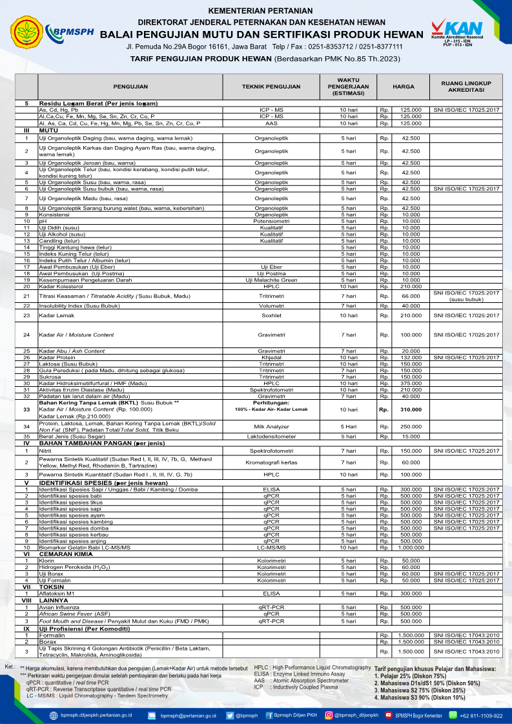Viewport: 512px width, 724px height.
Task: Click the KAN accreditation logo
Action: [460, 29]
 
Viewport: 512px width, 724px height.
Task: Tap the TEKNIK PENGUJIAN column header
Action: [271, 86]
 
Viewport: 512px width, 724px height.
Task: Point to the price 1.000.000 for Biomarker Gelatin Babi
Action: [408, 547]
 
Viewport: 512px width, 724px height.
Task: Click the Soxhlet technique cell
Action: [271, 315]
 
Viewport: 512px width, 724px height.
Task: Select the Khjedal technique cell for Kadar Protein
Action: [271, 357]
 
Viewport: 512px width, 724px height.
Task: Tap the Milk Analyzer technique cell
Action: [271, 426]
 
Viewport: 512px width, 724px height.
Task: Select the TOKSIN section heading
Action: [51, 586]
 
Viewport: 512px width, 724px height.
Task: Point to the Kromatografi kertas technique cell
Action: [271, 462]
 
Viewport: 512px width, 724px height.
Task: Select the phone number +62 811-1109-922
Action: [480, 716]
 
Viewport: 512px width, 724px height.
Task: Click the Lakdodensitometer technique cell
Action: [271, 437]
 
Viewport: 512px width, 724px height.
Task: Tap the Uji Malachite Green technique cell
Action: [271, 280]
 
